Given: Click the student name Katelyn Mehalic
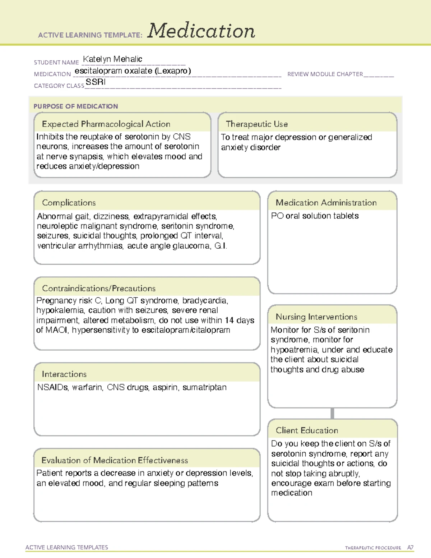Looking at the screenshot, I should point(112,59).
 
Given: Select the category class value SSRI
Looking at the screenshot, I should point(96,82).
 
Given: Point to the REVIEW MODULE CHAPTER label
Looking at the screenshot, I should point(325,74).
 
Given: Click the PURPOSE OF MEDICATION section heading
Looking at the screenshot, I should point(76,106).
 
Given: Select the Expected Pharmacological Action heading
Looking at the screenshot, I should point(106,124).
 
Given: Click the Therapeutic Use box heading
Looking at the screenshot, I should point(257,124).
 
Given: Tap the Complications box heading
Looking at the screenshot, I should point(69,203).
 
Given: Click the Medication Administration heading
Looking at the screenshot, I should point(326,203).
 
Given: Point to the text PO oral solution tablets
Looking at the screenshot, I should point(315,216).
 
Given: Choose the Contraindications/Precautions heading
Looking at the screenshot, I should point(99,288).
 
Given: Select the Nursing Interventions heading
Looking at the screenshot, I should point(316,317).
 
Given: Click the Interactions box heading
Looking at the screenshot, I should point(64,374).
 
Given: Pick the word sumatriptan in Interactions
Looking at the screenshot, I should point(204,387).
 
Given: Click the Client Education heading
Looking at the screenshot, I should point(307,430).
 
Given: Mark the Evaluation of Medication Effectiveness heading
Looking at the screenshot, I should point(115,460).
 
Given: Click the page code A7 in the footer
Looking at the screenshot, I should point(410,548).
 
